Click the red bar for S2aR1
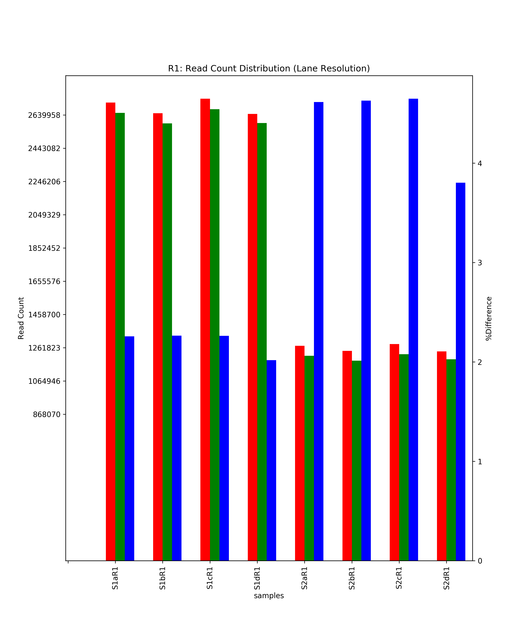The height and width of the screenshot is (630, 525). coord(300,453)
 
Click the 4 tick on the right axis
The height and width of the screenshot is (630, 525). coord(480,163)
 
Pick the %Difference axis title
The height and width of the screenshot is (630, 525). coord(489,319)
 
